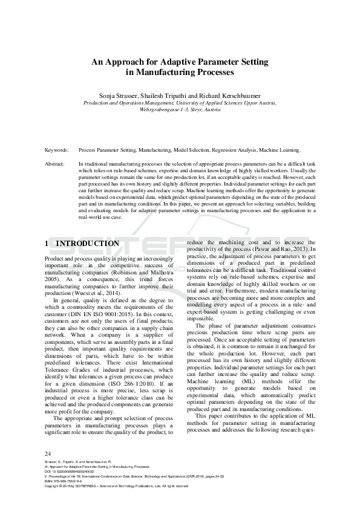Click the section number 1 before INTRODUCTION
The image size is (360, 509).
click(47, 244)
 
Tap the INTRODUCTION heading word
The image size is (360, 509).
click(87, 244)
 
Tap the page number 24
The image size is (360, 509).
click(49, 453)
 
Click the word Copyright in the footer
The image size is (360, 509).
click(54, 486)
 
